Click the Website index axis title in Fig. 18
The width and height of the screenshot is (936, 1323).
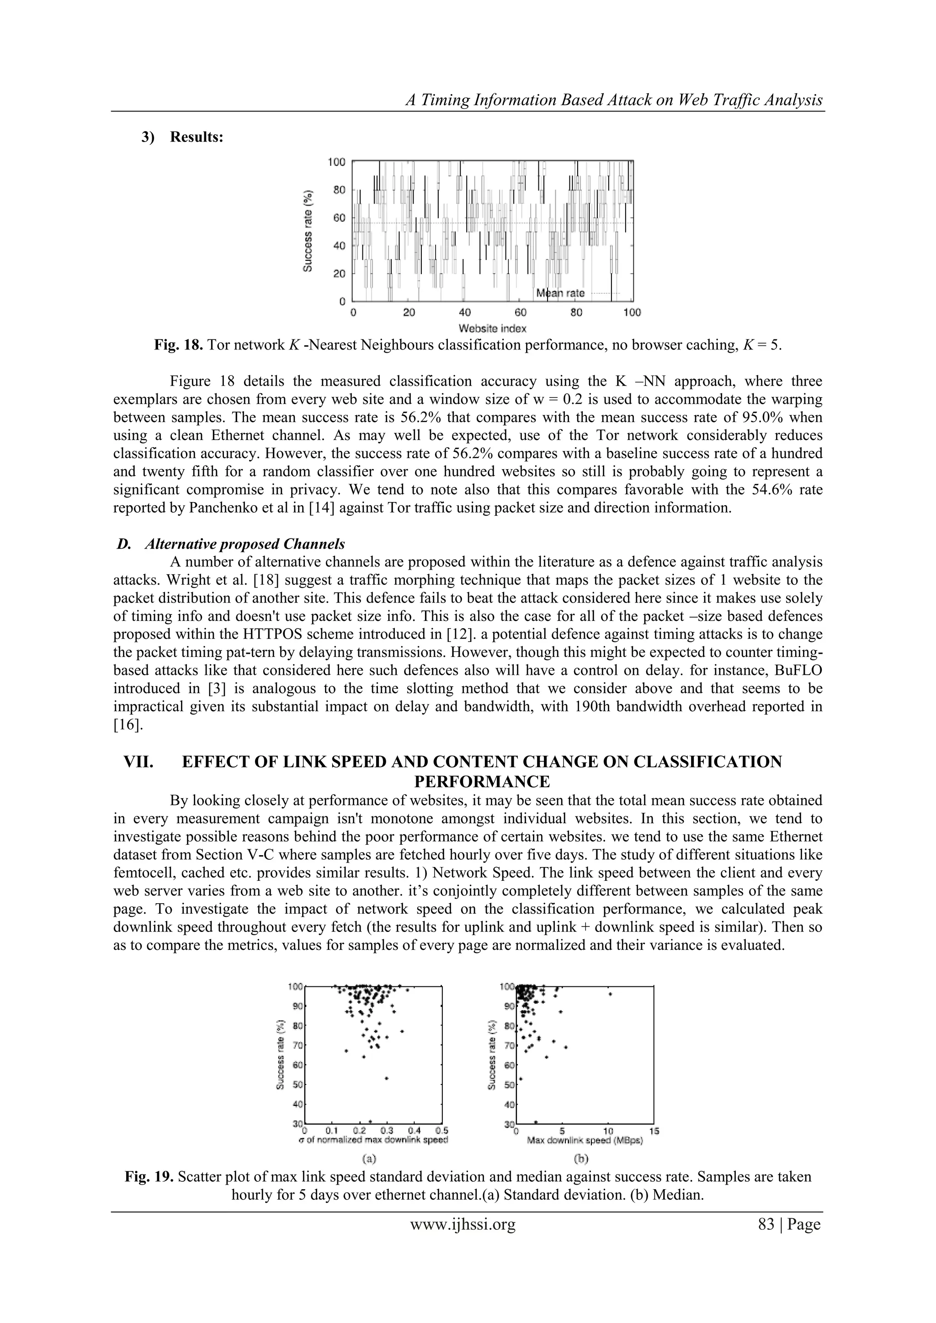tap(492, 328)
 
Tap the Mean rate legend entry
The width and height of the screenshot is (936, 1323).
tap(560, 293)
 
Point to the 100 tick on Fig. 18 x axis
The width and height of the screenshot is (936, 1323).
tap(632, 312)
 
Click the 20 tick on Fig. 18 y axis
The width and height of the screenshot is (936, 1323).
tap(339, 273)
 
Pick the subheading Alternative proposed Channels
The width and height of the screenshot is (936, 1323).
tap(245, 544)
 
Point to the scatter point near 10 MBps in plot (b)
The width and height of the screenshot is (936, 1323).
tap(610, 994)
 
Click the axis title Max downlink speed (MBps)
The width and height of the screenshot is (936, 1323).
tap(585, 1140)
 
